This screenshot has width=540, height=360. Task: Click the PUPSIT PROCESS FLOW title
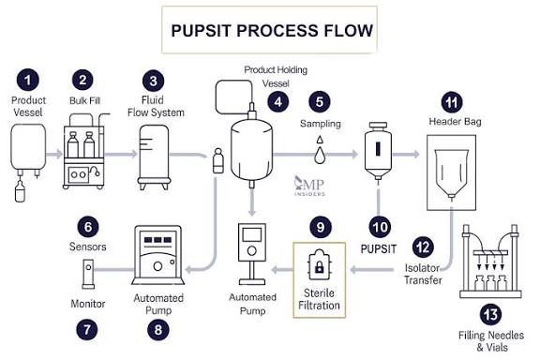(271, 30)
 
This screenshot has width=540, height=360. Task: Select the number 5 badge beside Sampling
(320, 100)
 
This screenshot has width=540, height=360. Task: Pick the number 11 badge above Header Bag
(455, 100)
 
